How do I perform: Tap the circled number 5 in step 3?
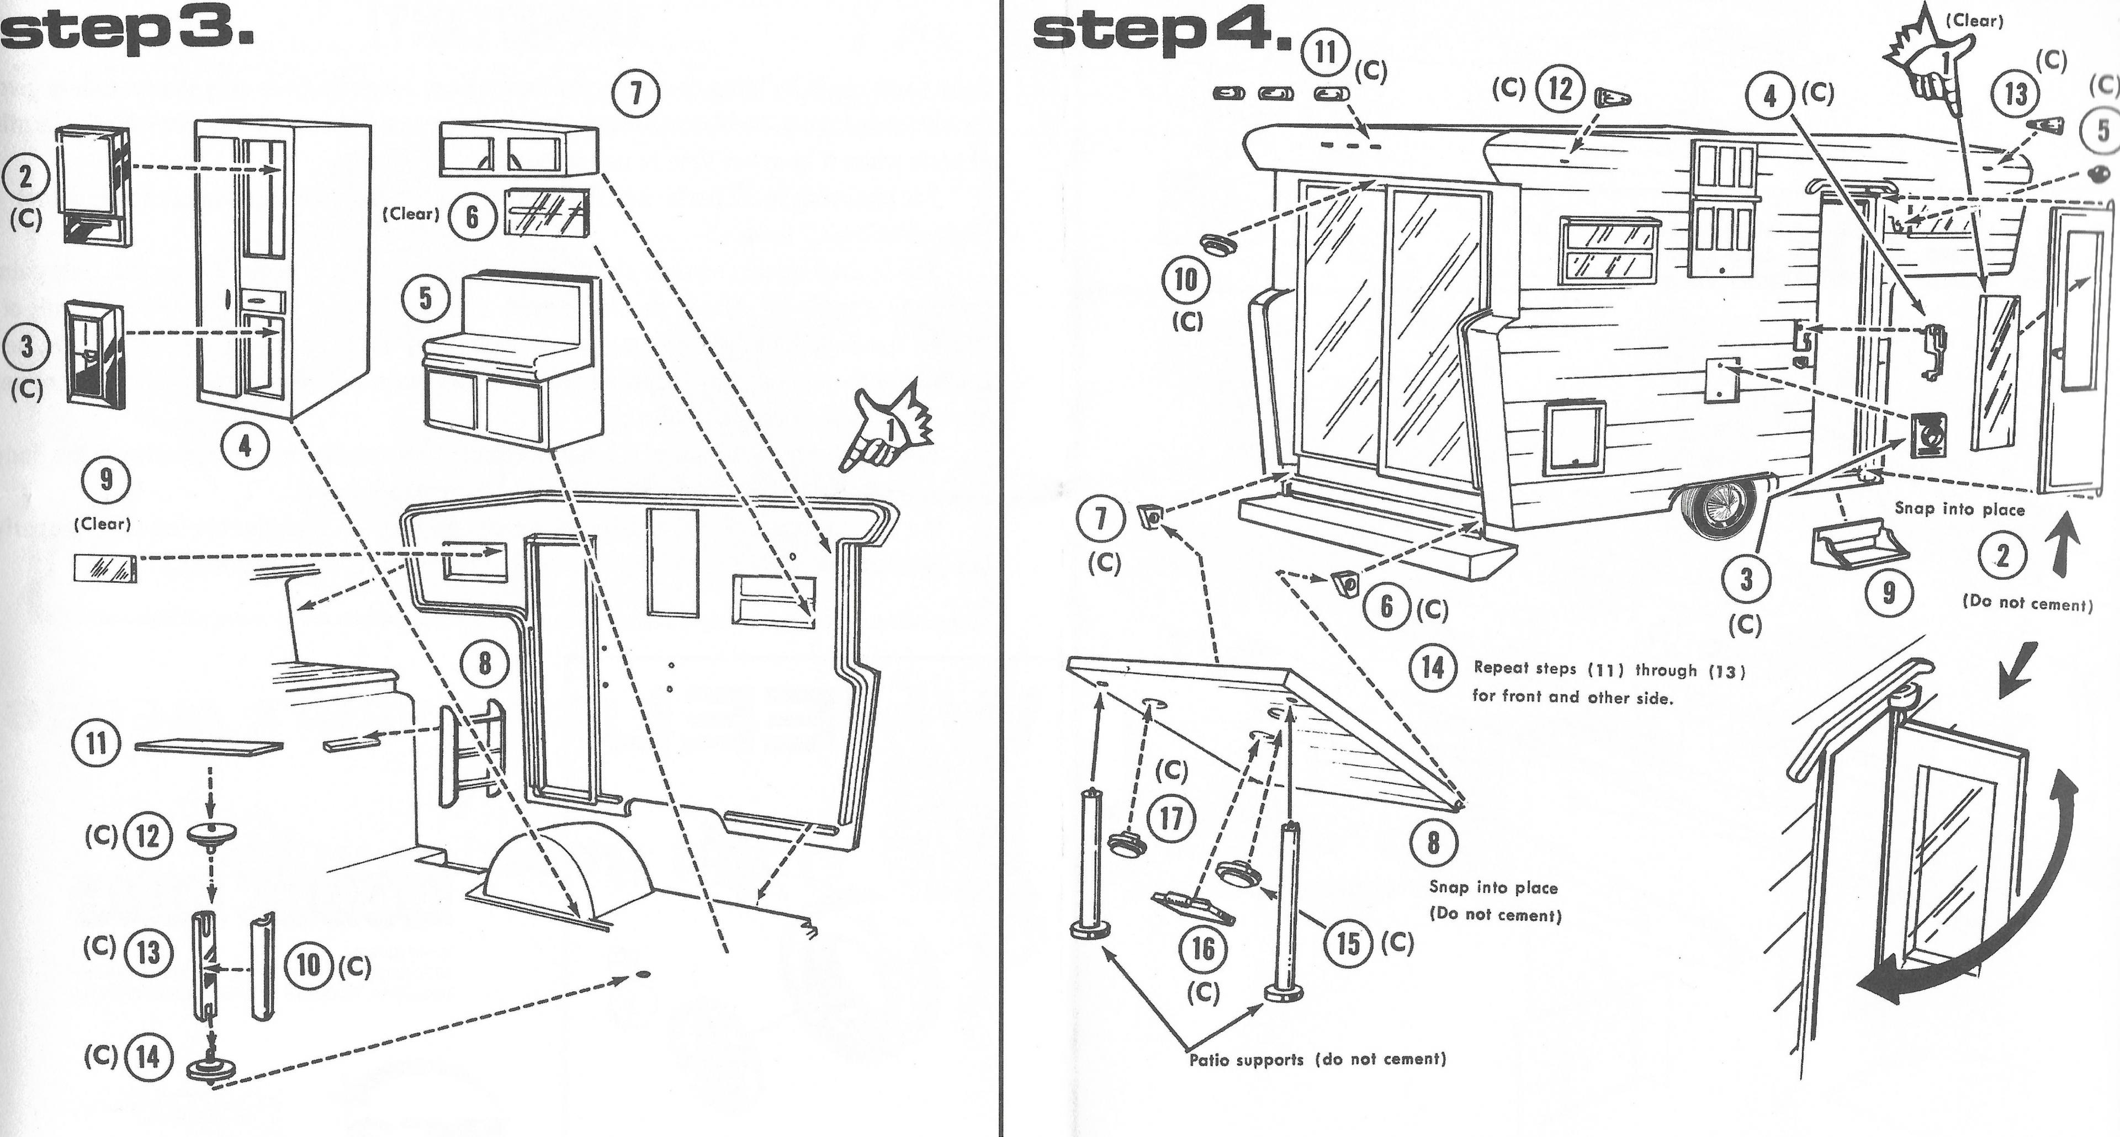pyautogui.click(x=426, y=299)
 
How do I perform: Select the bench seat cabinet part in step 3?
pyautogui.click(x=512, y=362)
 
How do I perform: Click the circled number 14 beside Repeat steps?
pyautogui.click(x=1433, y=667)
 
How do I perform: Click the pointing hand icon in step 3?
pyautogui.click(x=889, y=428)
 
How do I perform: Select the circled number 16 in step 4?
pyautogui.click(x=1202, y=949)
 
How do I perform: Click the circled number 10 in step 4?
pyautogui.click(x=1185, y=280)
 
